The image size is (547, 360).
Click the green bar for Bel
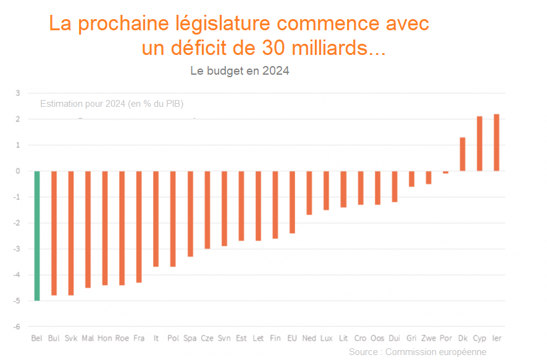pyautogui.click(x=37, y=235)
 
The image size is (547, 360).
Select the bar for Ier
pyautogui.click(x=496, y=143)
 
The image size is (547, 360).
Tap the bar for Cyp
pyautogui.click(x=480, y=144)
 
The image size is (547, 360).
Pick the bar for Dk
pyautogui.click(x=462, y=154)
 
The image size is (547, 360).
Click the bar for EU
pyautogui.click(x=292, y=202)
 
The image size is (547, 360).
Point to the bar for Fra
pyautogui.click(x=139, y=227)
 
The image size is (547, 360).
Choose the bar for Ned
pyautogui.click(x=309, y=193)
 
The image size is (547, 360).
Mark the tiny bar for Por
pyautogui.click(x=446, y=172)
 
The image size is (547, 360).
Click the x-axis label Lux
pyautogui.click(x=327, y=338)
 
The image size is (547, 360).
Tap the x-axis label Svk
pyautogui.click(x=71, y=338)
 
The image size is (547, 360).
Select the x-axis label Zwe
pyautogui.click(x=428, y=338)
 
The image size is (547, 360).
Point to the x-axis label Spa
pyautogui.click(x=190, y=338)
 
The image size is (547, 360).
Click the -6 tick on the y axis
pyautogui.click(x=17, y=327)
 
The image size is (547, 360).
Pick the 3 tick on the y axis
pyautogui.click(x=18, y=93)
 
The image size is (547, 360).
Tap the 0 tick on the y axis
pyautogui.click(x=18, y=171)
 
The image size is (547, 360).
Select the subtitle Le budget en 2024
pyautogui.click(x=240, y=71)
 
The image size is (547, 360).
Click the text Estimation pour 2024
pyautogui.click(x=83, y=103)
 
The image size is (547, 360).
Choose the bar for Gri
pyautogui.click(x=412, y=178)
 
